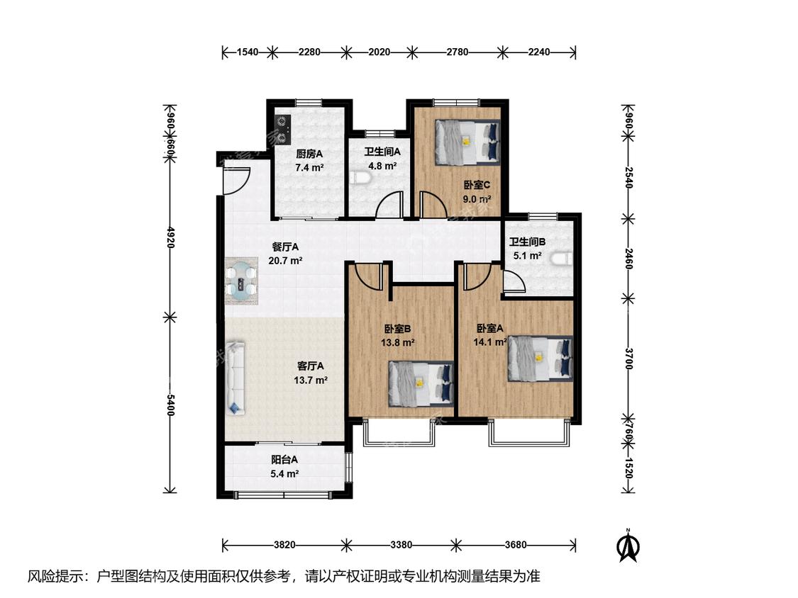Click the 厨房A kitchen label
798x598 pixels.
[309, 154]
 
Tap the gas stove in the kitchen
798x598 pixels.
[282, 128]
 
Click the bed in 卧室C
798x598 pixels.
[467, 142]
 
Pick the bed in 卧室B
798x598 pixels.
[421, 384]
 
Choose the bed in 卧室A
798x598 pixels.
[540, 358]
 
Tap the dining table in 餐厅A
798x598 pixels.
[241, 281]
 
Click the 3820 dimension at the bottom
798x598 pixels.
[284, 545]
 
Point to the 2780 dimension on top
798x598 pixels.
[457, 52]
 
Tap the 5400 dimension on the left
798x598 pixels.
[170, 405]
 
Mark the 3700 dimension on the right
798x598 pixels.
[629, 359]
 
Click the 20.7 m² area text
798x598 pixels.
[286, 261]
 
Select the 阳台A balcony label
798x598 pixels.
[284, 461]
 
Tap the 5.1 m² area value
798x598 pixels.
[527, 256]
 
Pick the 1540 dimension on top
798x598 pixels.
[248, 52]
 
